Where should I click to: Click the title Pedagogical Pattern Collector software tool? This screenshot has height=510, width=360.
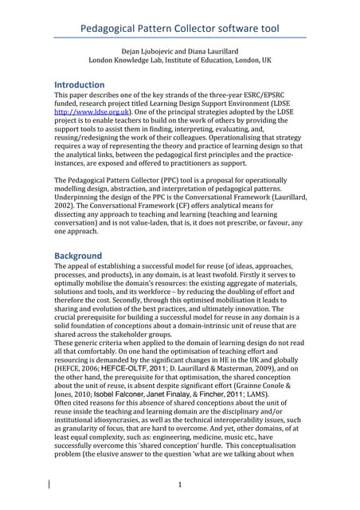(x=180, y=29)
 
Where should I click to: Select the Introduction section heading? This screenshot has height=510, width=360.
(x=79, y=84)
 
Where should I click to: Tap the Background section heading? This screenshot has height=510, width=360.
(x=77, y=255)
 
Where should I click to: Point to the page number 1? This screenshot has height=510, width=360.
(x=181, y=484)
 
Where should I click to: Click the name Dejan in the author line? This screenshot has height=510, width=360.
(x=133, y=50)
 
